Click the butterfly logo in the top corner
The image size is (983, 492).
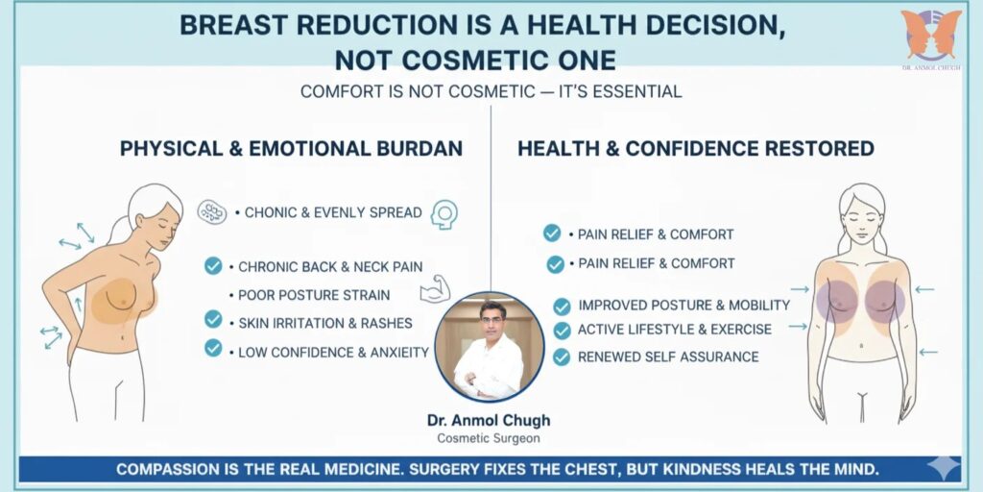click(931, 34)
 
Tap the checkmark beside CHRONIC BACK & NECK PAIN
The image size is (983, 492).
click(213, 266)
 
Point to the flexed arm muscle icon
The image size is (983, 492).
click(436, 289)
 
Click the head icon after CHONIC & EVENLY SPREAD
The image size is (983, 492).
click(444, 214)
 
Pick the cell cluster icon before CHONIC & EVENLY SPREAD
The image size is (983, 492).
click(212, 212)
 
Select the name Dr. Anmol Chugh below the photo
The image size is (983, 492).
click(489, 420)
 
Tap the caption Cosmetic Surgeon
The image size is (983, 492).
click(489, 438)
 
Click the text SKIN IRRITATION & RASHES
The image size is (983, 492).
click(325, 323)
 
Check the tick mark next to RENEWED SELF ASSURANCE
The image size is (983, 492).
click(562, 357)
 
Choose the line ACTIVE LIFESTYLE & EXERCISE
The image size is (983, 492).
click(675, 330)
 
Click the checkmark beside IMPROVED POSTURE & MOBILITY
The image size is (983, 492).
click(562, 307)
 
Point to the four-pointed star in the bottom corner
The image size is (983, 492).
click(945, 468)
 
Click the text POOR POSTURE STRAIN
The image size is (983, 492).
click(314, 295)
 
